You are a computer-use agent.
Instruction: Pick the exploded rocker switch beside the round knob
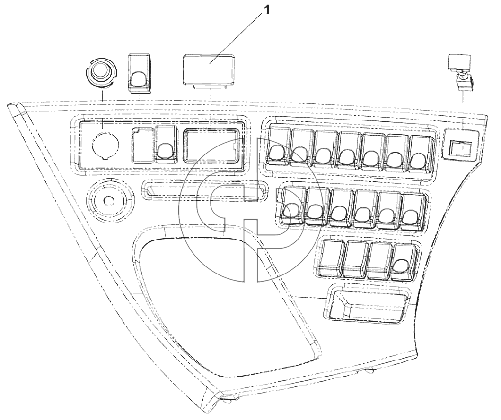(140, 74)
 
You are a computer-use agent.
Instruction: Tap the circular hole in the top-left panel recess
(105, 145)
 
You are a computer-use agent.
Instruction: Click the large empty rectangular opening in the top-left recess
(211, 146)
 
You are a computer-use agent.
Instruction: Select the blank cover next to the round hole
(143, 145)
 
